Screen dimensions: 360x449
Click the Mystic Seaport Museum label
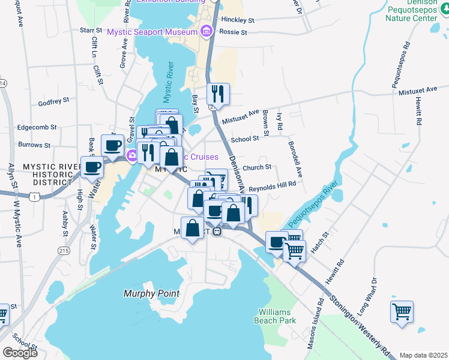click(x=152, y=32)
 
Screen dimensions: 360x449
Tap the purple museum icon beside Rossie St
click(x=206, y=31)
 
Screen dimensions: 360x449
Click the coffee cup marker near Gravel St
click(x=112, y=145)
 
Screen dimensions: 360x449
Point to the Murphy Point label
click(x=151, y=293)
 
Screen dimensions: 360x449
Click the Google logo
click(x=20, y=352)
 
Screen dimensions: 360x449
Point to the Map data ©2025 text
click(x=423, y=355)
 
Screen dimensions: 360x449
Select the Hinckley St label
click(x=238, y=20)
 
